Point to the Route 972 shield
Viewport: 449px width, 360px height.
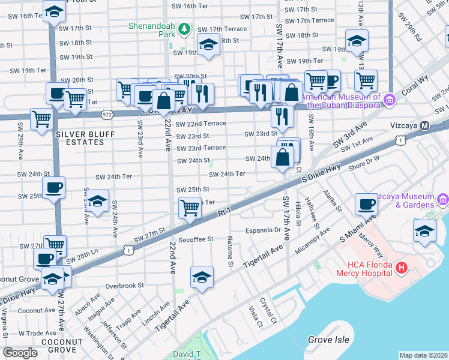coord(107,113)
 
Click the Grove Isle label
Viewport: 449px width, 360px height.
coord(328,340)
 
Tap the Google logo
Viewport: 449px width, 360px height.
coord(20,353)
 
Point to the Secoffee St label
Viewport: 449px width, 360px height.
coord(194,239)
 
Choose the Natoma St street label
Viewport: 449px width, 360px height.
coord(230,251)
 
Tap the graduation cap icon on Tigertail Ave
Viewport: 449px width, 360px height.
coord(202,276)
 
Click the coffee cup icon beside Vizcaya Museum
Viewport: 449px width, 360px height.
coord(366,205)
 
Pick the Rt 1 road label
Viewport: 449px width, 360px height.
coord(224,212)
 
